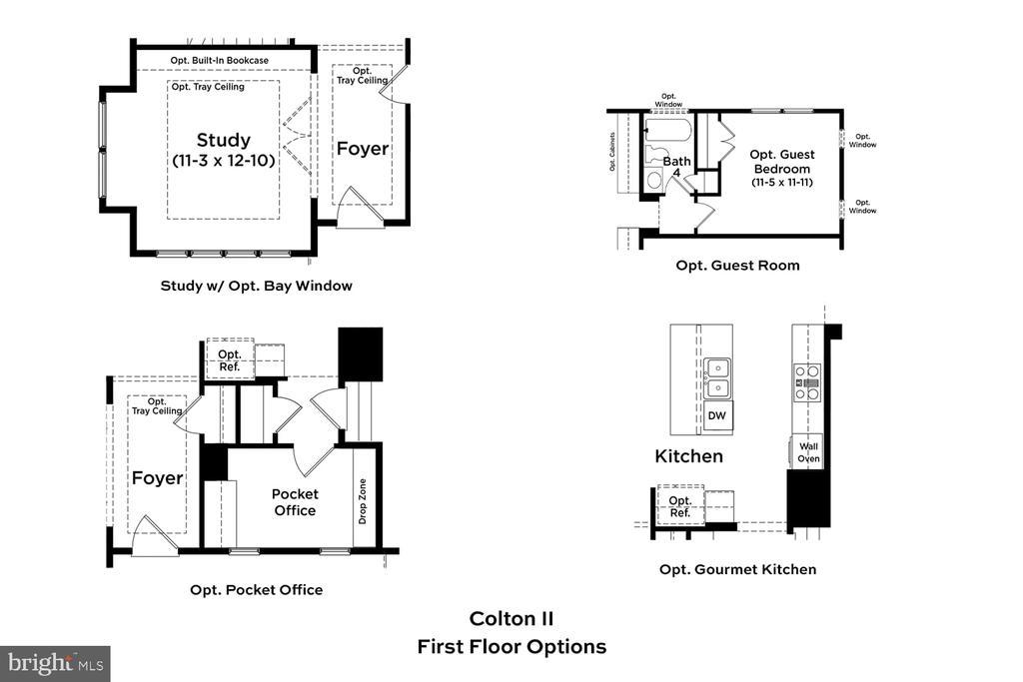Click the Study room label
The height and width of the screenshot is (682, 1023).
click(223, 140)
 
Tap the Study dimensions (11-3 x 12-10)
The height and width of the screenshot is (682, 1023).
click(224, 161)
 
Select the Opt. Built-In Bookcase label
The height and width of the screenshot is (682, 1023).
click(219, 61)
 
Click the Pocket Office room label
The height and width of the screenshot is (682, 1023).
click(295, 502)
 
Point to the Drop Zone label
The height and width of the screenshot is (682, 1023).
click(362, 501)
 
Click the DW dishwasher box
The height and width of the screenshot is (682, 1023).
click(717, 415)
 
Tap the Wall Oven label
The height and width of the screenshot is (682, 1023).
click(808, 452)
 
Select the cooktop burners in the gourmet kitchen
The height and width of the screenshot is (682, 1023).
click(807, 382)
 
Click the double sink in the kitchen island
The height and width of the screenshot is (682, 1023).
click(717, 378)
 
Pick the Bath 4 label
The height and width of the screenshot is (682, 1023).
click(676, 167)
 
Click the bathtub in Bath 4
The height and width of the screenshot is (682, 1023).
click(667, 130)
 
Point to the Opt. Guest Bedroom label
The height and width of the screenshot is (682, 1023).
click(782, 162)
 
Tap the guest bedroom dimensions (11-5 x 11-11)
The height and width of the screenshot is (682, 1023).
click(782, 183)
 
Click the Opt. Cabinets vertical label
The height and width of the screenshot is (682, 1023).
click(612, 152)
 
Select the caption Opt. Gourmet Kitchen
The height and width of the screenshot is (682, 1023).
click(738, 570)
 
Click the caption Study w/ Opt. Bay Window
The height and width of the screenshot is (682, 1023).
click(257, 286)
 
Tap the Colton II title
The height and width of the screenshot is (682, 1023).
click(511, 619)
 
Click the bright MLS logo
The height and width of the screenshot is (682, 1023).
click(56, 664)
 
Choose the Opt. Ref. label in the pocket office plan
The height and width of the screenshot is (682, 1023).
click(230, 360)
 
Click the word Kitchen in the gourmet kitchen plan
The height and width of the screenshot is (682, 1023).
click(689, 456)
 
